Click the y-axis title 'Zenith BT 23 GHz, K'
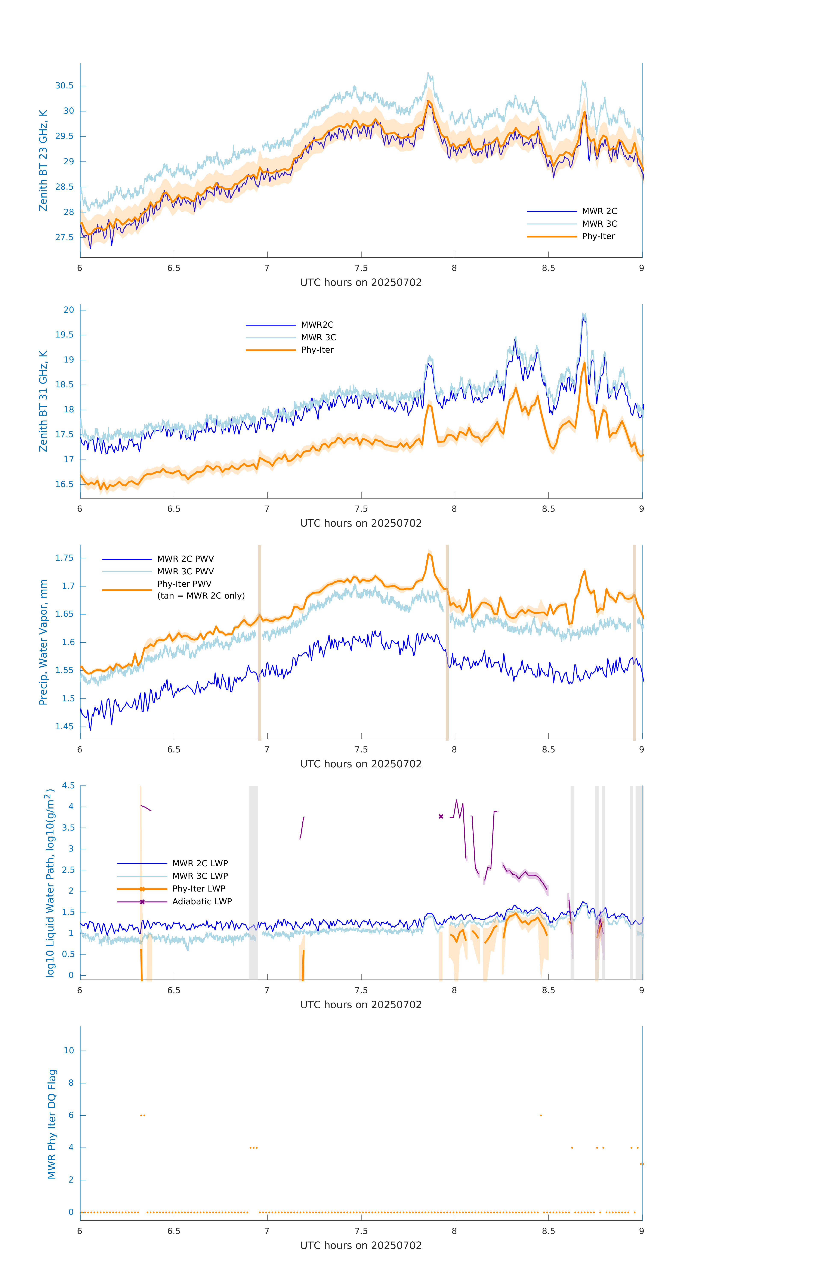pyautogui.click(x=43, y=160)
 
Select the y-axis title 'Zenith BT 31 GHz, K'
pyautogui.click(x=43, y=401)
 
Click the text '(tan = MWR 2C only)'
pyautogui.click(x=201, y=596)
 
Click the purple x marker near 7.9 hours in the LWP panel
pyautogui.click(x=441, y=816)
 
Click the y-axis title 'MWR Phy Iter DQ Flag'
pyautogui.click(x=52, y=1123)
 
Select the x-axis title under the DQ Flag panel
pyautogui.click(x=361, y=1246)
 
